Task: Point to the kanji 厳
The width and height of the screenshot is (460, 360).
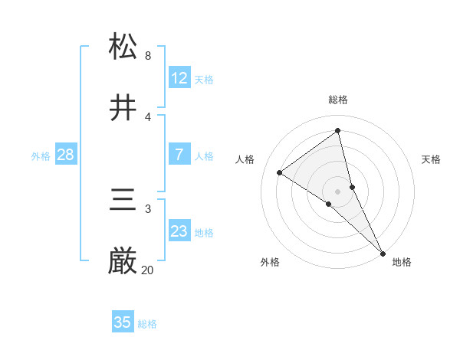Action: pos(123,262)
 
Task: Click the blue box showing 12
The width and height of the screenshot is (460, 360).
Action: pos(179,78)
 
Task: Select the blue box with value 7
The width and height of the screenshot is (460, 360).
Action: pos(179,155)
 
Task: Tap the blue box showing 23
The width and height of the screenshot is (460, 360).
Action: pos(179,231)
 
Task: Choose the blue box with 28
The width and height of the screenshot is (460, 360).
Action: pos(65,155)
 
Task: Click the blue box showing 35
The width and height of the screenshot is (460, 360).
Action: pos(123,322)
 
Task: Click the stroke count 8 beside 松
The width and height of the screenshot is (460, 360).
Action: pos(148,56)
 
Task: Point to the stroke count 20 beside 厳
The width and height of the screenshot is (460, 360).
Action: pos(147,270)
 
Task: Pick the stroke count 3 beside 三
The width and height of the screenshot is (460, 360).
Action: pos(148,208)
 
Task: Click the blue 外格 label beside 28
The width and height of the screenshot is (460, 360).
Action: pos(41,156)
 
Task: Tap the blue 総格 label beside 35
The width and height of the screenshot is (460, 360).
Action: pos(147,324)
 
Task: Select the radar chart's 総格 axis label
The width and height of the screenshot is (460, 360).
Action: pos(338,100)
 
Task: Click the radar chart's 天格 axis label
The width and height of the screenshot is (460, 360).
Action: pos(432,159)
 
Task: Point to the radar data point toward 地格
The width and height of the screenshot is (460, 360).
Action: pos(383,253)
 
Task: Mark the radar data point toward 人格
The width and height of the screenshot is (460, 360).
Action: pos(279,172)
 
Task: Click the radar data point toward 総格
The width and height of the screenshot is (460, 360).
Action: pos(338,130)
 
